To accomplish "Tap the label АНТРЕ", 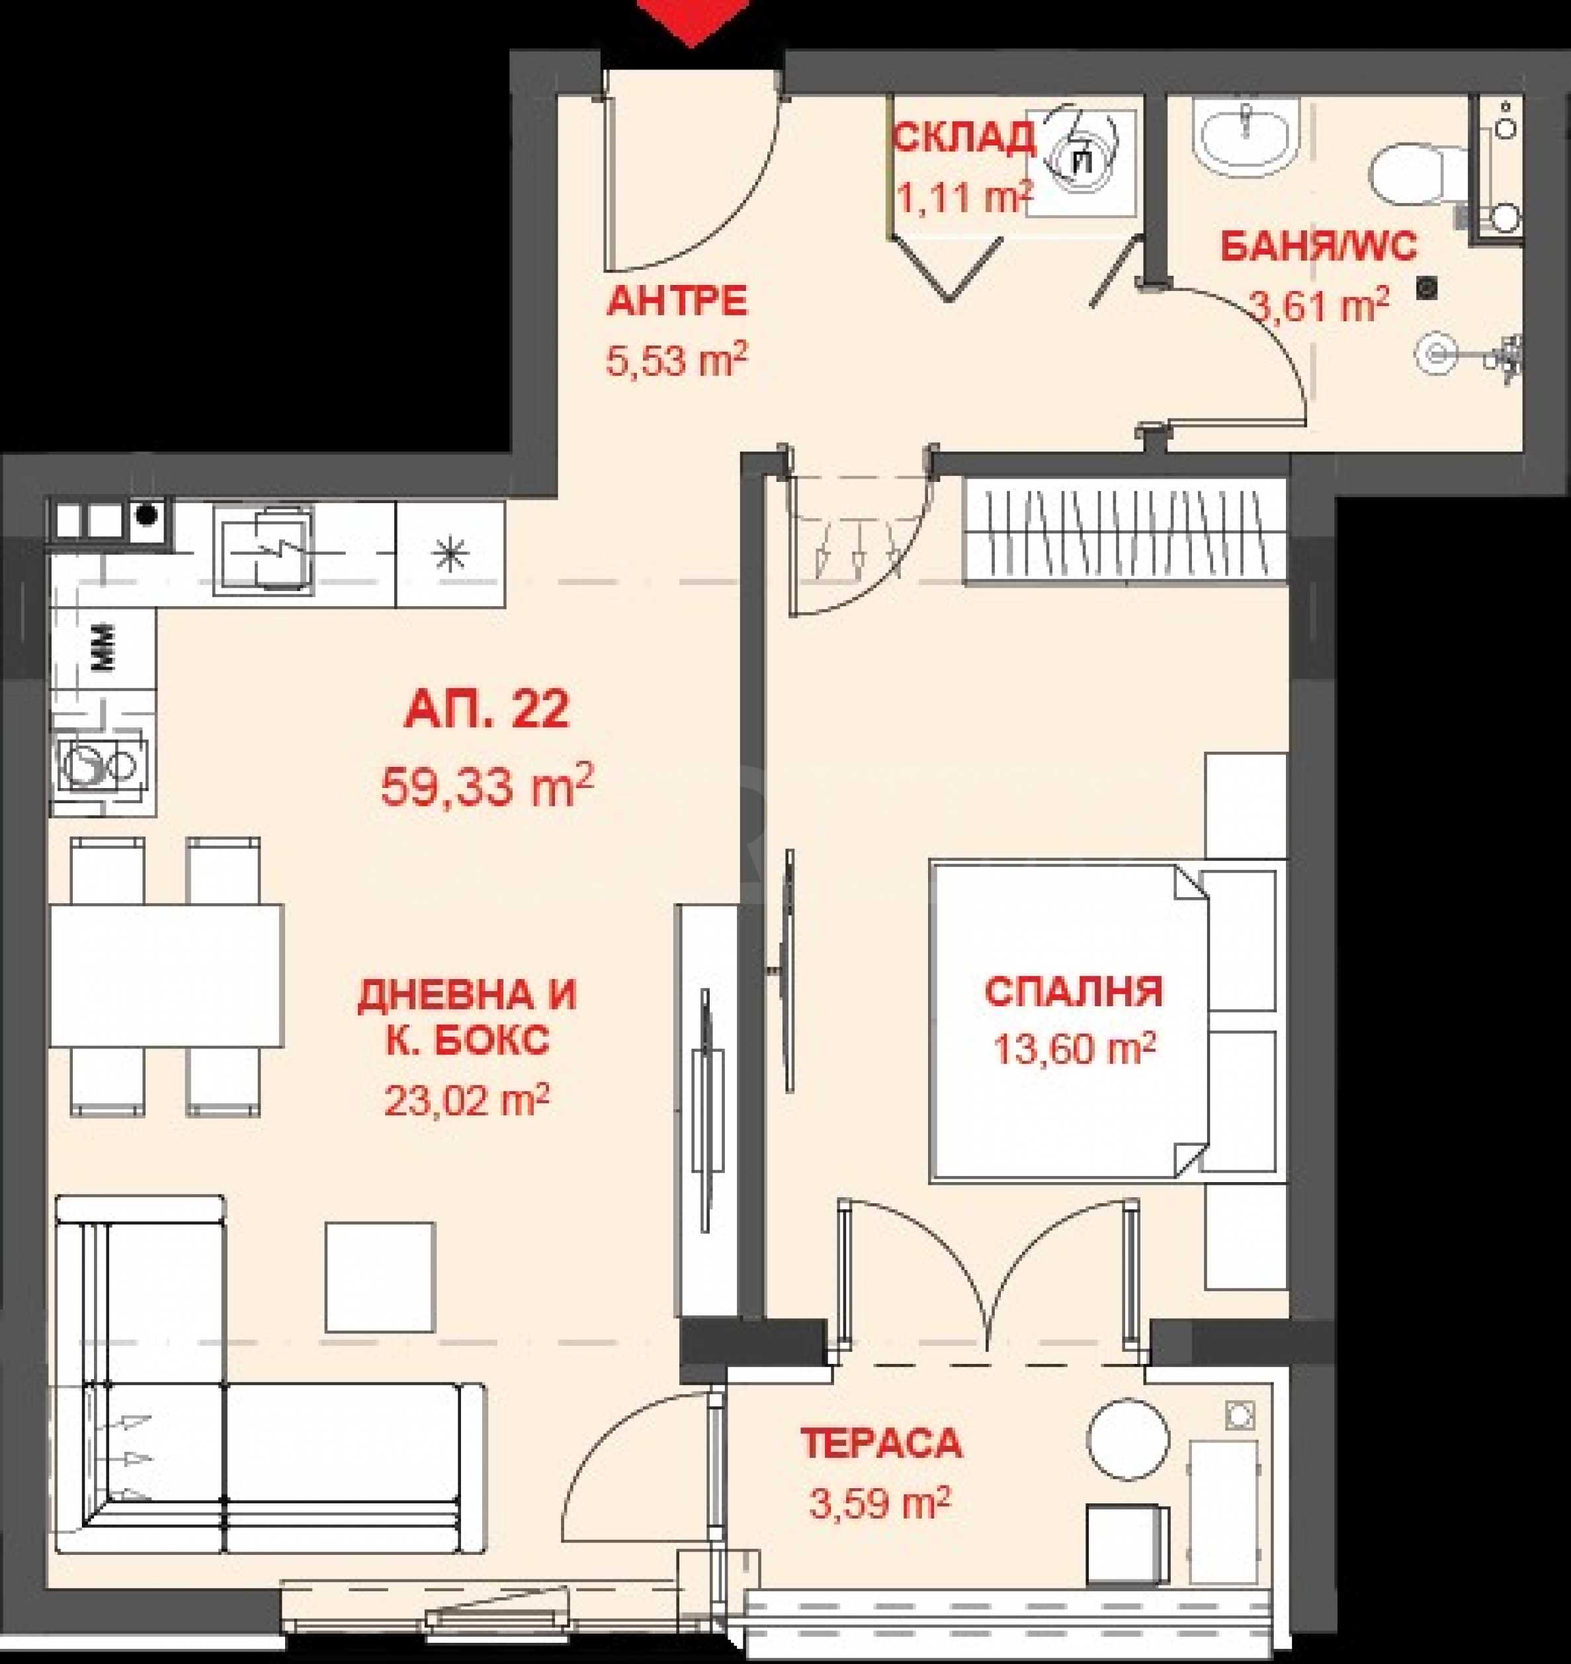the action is tap(677, 302).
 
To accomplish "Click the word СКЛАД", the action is tap(962, 138).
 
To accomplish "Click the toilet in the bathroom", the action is tap(1420, 175).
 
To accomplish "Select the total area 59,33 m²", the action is tap(488, 785).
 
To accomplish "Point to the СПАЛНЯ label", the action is tap(1074, 992).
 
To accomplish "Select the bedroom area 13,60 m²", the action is tap(1074, 1048).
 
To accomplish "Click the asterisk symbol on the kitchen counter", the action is tap(450, 554).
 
